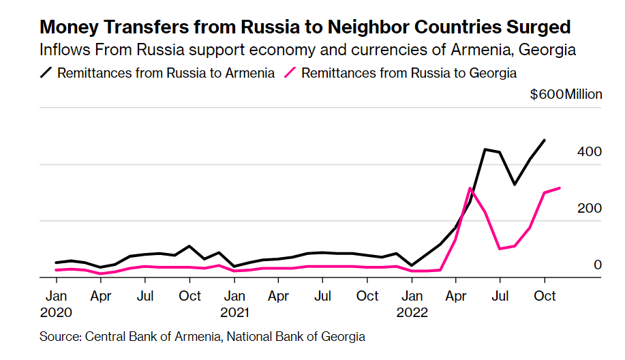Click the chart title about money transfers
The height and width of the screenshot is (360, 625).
[305, 27]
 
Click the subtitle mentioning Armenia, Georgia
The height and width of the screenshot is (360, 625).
[308, 50]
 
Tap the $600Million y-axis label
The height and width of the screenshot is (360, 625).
[566, 94]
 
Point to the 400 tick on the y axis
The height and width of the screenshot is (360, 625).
[589, 151]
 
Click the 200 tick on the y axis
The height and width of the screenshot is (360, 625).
[589, 208]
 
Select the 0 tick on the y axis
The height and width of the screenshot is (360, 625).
[597, 265]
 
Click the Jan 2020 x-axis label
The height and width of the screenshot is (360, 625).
[56, 304]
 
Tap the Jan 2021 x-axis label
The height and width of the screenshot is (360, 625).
[234, 304]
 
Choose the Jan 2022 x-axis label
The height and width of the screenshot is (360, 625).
[412, 304]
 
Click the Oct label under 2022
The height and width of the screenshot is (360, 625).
[545, 297]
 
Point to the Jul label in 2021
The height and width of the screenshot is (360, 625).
[323, 297]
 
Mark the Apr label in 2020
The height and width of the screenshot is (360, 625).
[101, 297]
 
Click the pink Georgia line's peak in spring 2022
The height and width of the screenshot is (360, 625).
[470, 188]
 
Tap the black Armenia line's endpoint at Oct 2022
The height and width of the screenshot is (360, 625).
[545, 140]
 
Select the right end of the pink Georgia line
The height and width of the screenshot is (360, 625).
[560, 188]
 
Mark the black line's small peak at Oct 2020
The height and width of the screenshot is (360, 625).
[189, 246]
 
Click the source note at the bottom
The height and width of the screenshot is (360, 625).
[202, 337]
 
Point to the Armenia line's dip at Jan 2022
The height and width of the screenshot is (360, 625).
[412, 265]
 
